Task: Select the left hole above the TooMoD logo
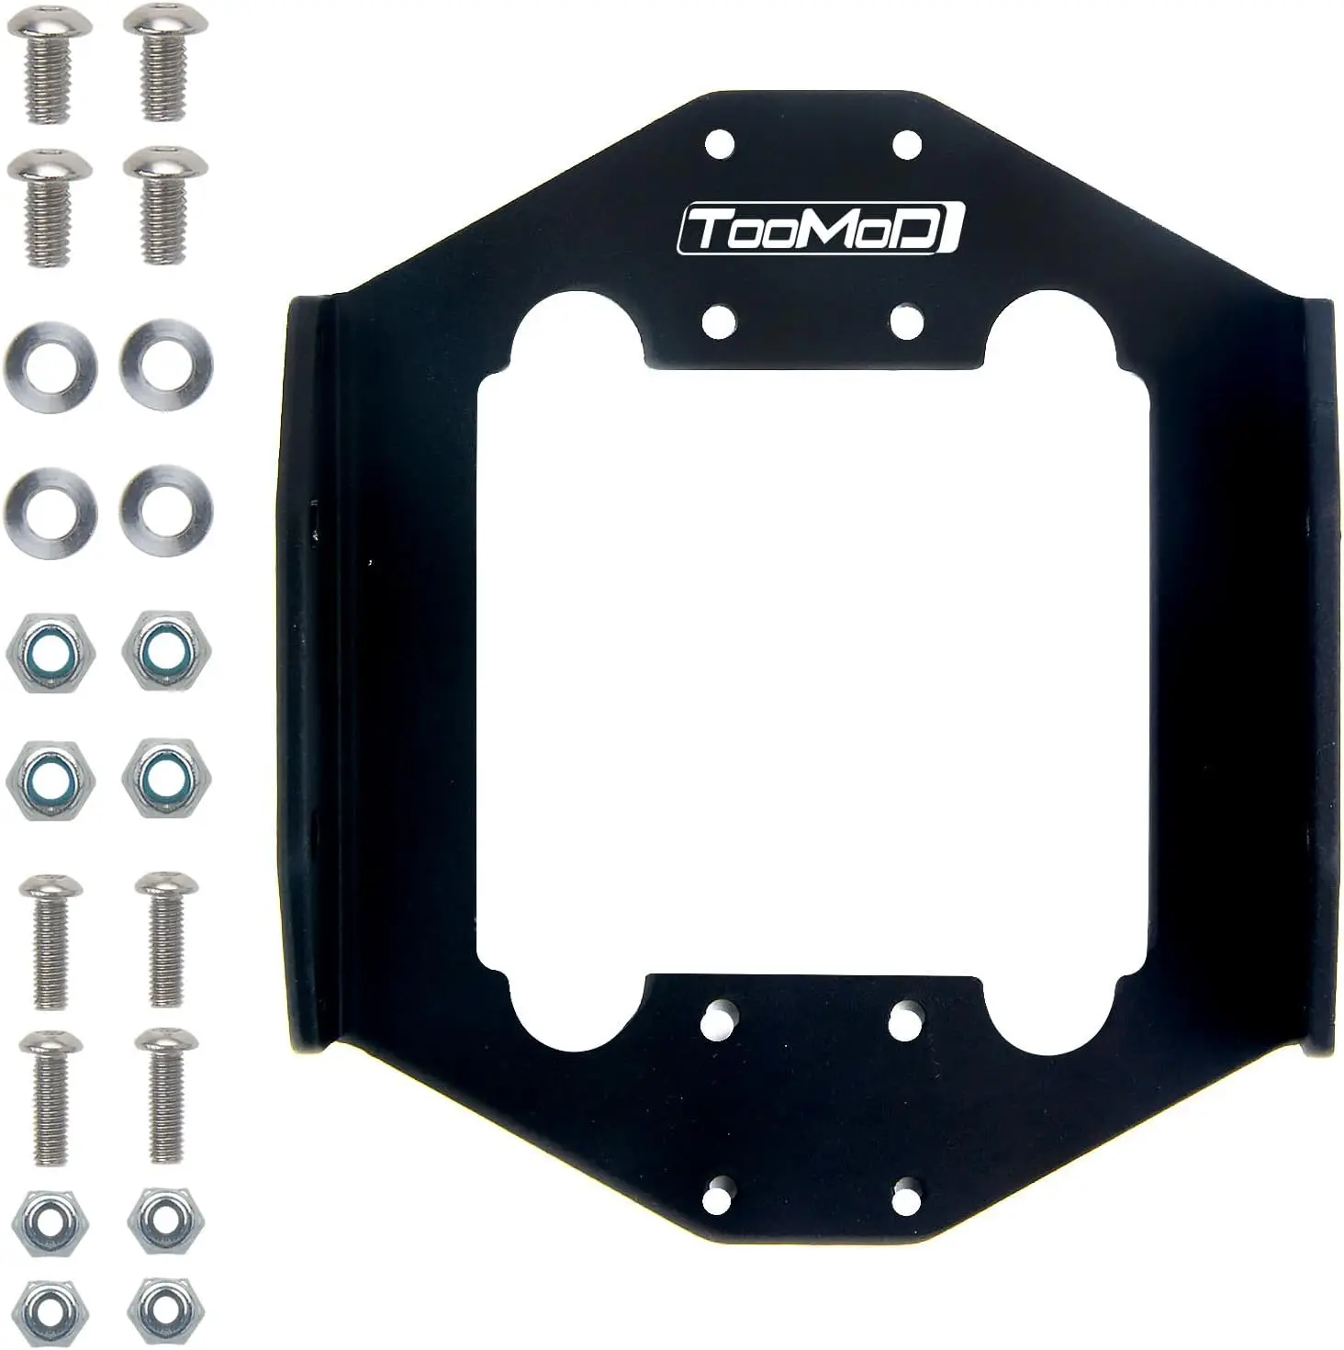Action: click(719, 144)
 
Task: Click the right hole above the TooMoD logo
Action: click(906, 144)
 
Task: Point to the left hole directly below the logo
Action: click(719, 321)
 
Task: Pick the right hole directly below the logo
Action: click(906, 321)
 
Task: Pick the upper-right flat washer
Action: click(165, 366)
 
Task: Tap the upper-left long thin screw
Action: click(50, 937)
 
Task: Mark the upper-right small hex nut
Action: click(165, 1221)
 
